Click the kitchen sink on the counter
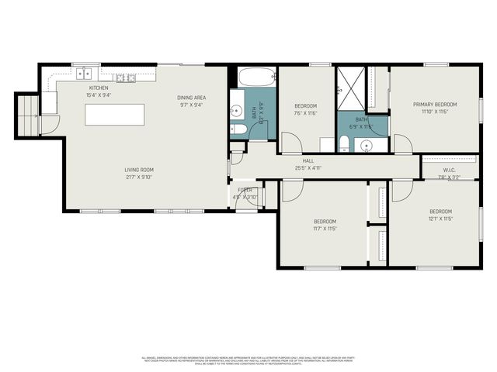pyautogui.click(x=83, y=74)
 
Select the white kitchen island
pyautogui.click(x=115, y=115)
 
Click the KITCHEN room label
pyautogui.click(x=99, y=88)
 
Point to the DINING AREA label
pyautogui.click(x=190, y=97)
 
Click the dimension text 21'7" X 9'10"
pyautogui.click(x=140, y=176)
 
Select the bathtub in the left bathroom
pyautogui.click(x=255, y=77)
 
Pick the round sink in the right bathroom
pyautogui.click(x=365, y=144)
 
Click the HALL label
pyautogui.click(x=308, y=160)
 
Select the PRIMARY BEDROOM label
pyautogui.click(x=435, y=104)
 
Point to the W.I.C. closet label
pyautogui.click(x=449, y=170)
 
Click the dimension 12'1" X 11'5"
pyautogui.click(x=441, y=219)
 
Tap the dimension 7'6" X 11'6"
pyautogui.click(x=306, y=113)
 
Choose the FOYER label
pyautogui.click(x=245, y=189)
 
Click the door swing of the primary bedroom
pyautogui.click(x=402, y=143)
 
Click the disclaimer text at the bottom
pyautogui.click(x=248, y=360)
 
